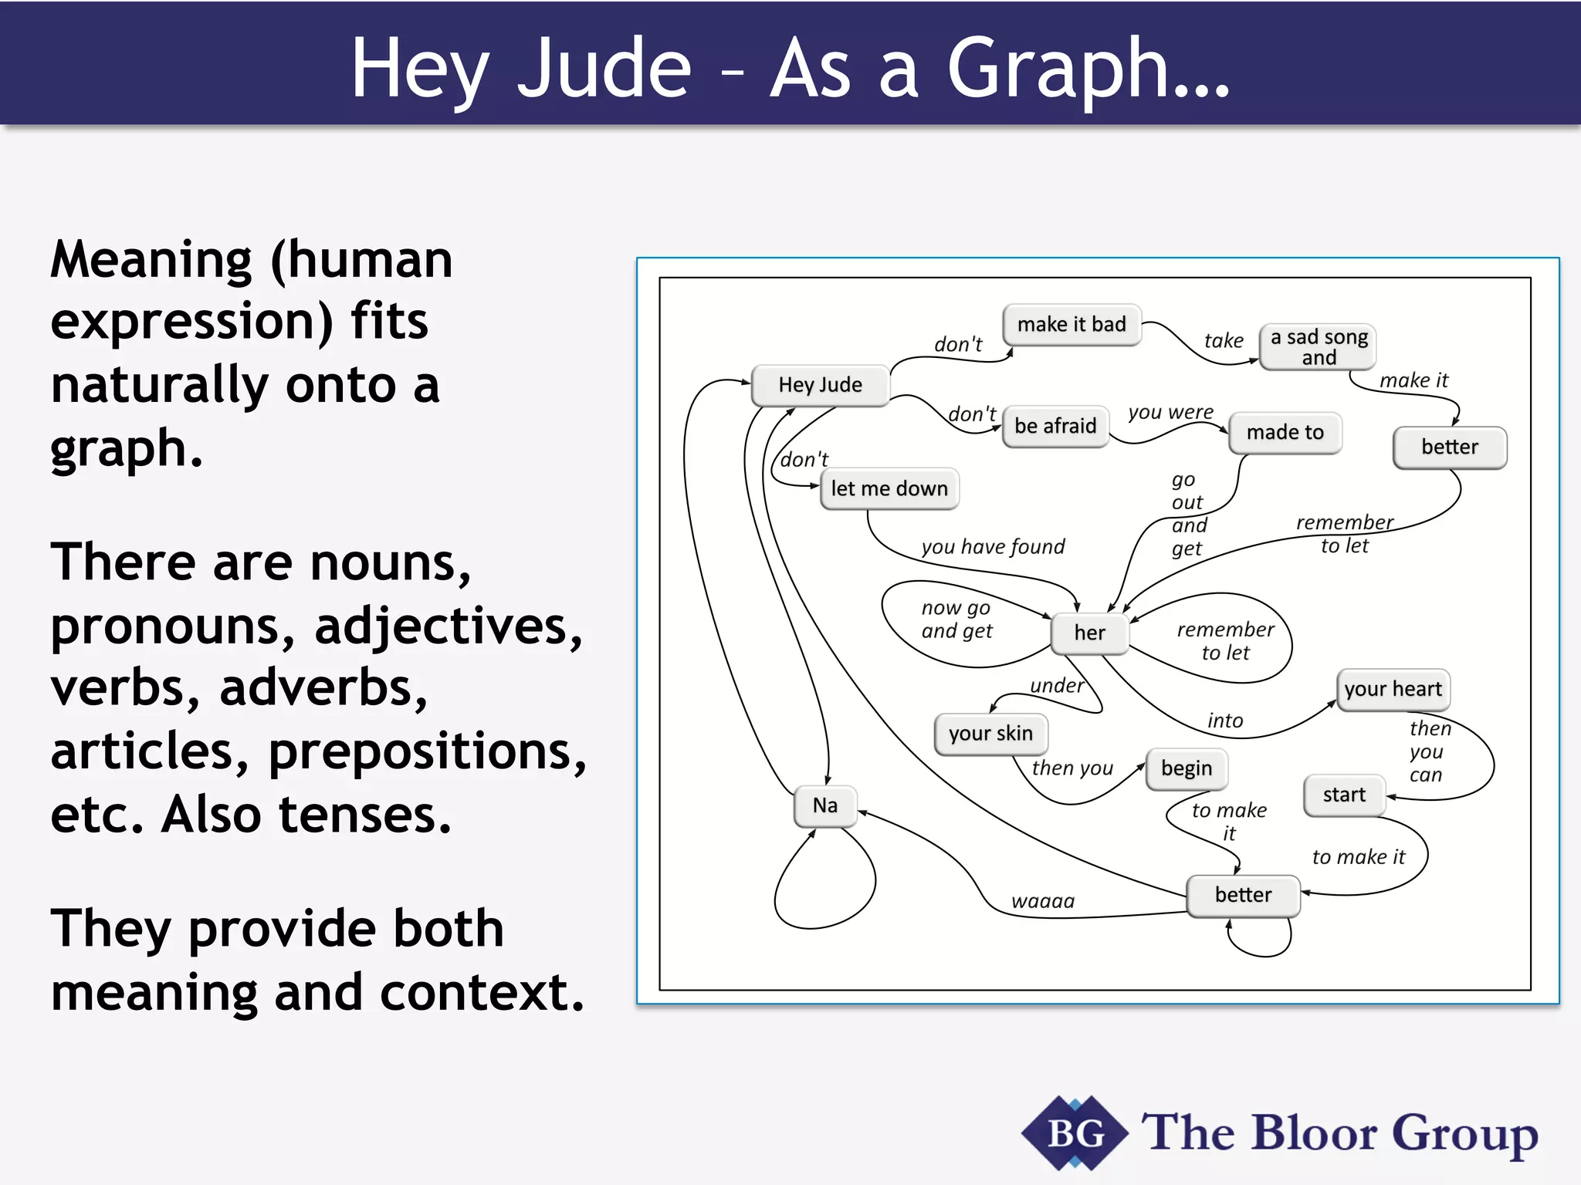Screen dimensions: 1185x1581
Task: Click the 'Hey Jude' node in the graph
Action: point(820,385)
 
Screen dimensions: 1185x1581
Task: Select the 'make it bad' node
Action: point(1071,325)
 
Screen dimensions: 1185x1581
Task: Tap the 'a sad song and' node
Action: point(1319,347)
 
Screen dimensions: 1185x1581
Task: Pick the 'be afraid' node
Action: point(1055,427)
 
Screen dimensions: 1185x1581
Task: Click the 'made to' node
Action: point(1285,433)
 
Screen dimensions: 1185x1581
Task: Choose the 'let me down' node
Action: point(889,489)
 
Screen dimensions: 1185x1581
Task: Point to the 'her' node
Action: point(1089,633)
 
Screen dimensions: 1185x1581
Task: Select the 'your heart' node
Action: point(1393,689)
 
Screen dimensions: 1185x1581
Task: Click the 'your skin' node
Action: point(990,734)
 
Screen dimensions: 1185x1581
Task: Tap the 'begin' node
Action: point(1187,769)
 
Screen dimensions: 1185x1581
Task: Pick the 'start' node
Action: point(1344,795)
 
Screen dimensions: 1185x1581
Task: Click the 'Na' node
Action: point(825,806)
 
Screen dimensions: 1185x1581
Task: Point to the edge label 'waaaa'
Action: point(1043,901)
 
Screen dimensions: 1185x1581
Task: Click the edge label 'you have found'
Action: point(993,547)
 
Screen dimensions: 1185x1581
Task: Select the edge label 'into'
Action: point(1225,721)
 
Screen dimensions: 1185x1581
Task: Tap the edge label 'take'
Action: point(1224,341)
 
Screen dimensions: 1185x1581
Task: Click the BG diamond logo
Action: point(1075,1133)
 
